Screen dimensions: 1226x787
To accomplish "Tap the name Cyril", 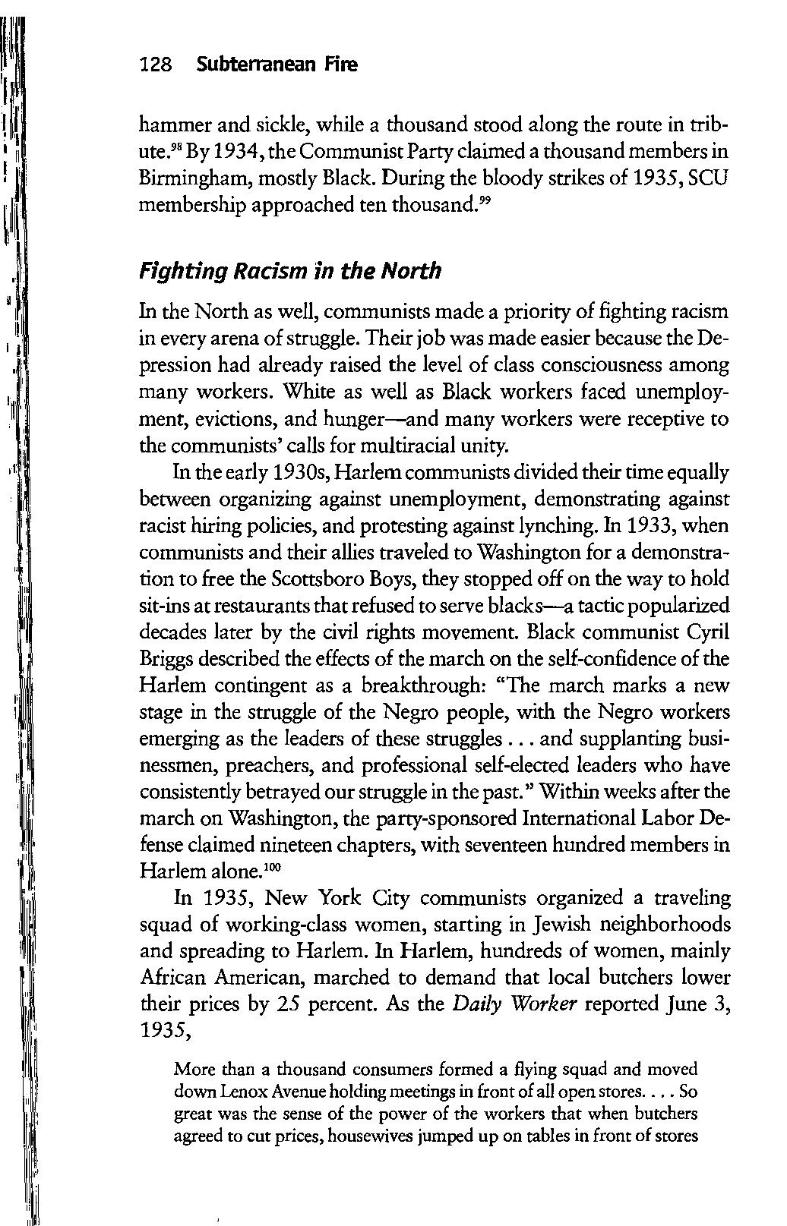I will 708,632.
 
